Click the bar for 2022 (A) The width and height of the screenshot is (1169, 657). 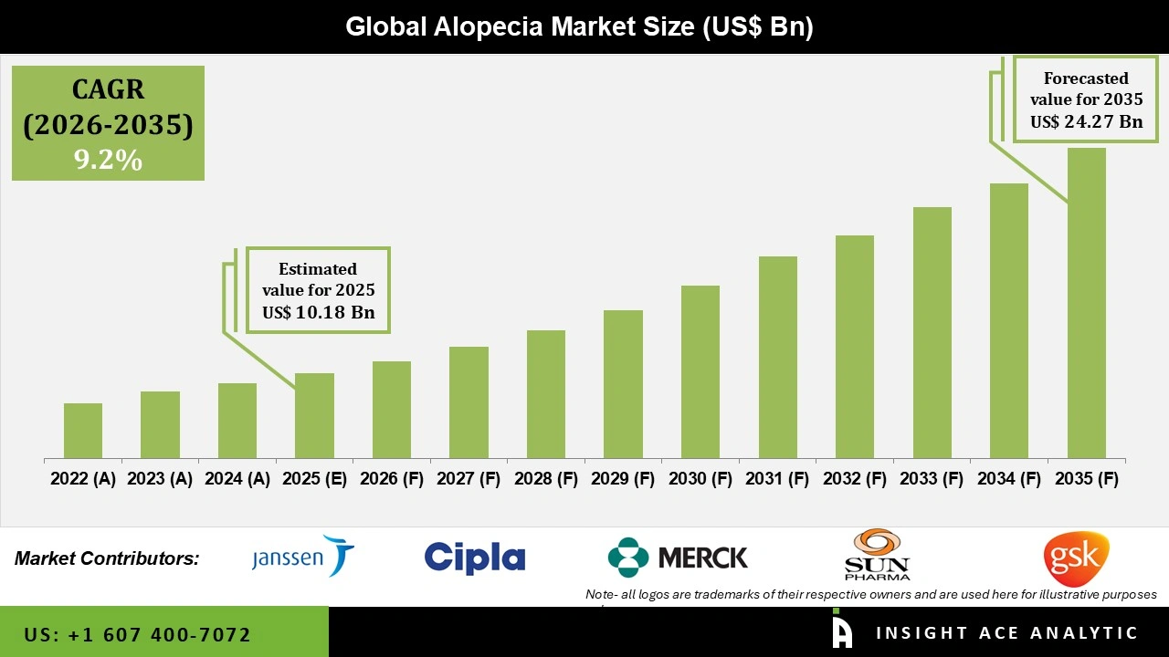(x=83, y=431)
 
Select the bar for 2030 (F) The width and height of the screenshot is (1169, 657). (x=700, y=372)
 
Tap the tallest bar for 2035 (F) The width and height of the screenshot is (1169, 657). (x=1086, y=303)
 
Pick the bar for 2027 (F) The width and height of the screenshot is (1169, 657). (x=469, y=402)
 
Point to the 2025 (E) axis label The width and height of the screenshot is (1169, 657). (x=314, y=479)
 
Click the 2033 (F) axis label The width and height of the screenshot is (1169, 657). (x=932, y=479)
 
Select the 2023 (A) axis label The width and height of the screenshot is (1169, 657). (x=160, y=479)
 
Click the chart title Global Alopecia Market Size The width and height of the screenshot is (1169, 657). (x=579, y=27)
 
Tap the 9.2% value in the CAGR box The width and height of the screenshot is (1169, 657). (x=108, y=161)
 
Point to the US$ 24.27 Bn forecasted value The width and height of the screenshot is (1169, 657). (x=1087, y=121)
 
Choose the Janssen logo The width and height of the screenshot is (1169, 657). (x=302, y=556)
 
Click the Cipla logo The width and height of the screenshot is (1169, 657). (x=475, y=558)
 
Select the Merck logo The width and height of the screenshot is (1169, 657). (x=678, y=558)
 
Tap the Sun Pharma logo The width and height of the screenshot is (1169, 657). (x=877, y=555)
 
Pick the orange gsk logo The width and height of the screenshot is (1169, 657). (x=1076, y=558)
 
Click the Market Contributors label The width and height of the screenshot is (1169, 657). (x=107, y=558)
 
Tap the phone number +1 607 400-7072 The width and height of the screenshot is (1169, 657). (x=137, y=634)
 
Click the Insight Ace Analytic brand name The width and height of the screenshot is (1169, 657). (x=1006, y=633)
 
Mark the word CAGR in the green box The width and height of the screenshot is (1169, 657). (x=108, y=89)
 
